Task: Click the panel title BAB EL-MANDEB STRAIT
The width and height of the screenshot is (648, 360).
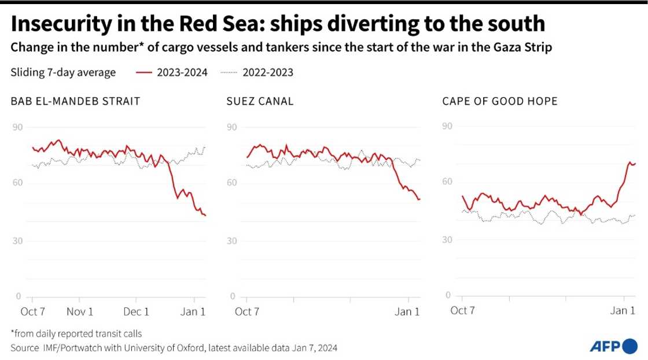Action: [x=75, y=101]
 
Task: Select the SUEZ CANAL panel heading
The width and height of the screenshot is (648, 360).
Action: [x=260, y=101]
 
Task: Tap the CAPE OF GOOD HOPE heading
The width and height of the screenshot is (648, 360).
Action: [x=499, y=101]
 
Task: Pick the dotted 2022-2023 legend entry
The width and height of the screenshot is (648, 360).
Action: [x=258, y=72]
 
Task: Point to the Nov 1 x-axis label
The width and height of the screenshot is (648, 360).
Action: [x=80, y=311]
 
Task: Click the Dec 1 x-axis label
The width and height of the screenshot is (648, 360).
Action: [x=137, y=311]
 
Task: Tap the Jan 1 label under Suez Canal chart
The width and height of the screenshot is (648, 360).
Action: [x=407, y=311]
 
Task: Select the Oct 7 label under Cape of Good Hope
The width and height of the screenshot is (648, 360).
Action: [x=462, y=311]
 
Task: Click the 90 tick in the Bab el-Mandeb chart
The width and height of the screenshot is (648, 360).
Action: [x=18, y=127]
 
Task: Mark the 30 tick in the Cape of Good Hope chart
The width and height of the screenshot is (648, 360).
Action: [x=447, y=240]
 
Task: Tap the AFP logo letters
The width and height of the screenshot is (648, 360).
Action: [x=604, y=346]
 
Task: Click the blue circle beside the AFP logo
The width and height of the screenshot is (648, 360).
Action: [x=629, y=346]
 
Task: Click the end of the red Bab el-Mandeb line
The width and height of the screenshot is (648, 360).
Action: [x=205, y=215]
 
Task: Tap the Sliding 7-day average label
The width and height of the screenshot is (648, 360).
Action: [x=63, y=72]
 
